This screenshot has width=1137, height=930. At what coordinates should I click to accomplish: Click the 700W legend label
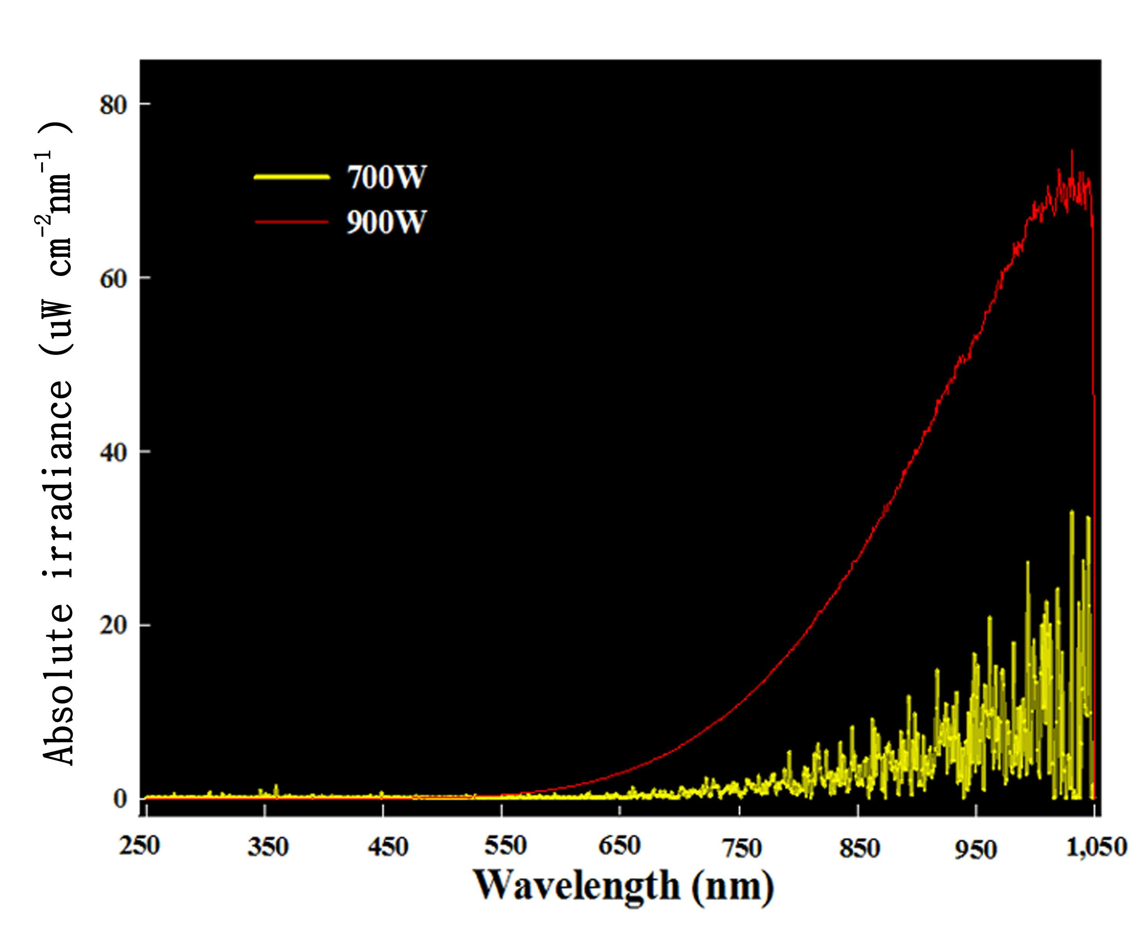tap(386, 177)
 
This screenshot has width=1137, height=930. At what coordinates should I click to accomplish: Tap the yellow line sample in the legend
tap(291, 177)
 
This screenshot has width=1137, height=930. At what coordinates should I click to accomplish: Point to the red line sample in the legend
tap(291, 222)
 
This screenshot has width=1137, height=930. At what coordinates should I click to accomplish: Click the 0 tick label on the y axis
tap(121, 799)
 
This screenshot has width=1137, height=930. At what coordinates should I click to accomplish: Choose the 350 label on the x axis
tap(267, 848)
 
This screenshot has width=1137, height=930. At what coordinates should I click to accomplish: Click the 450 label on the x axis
tap(387, 848)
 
